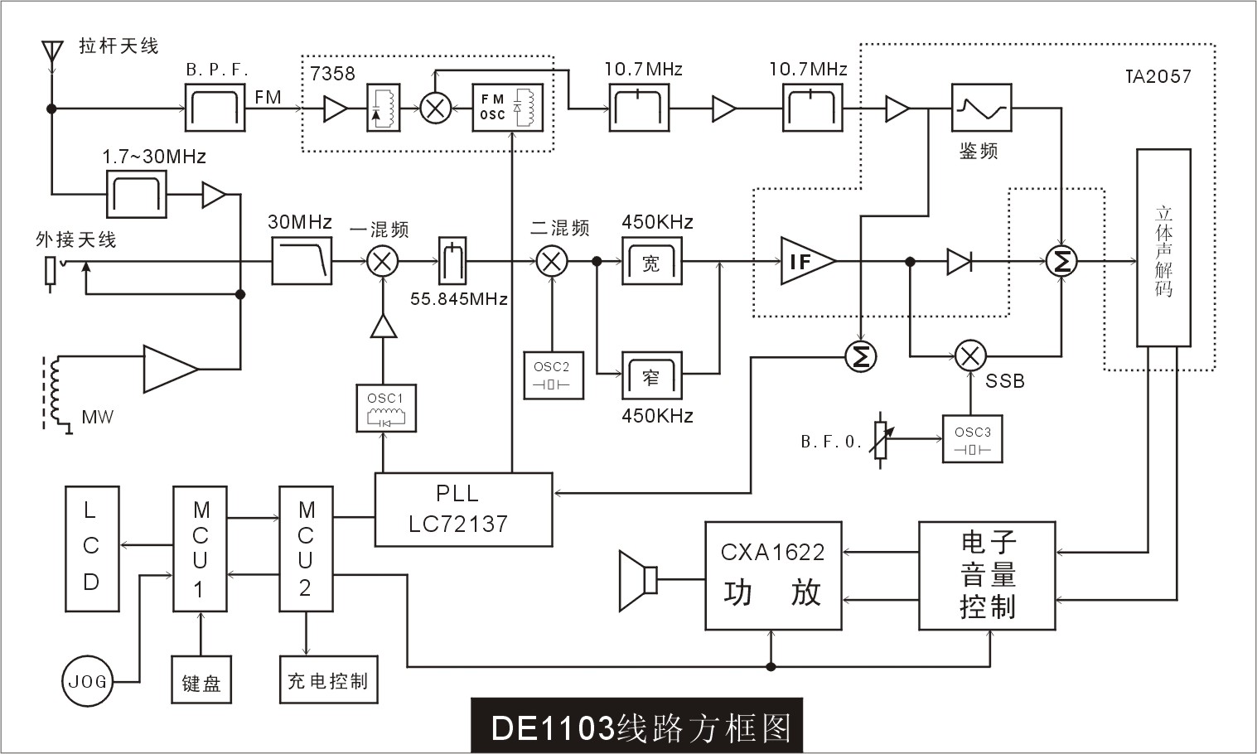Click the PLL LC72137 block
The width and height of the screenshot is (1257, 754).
coord(463,509)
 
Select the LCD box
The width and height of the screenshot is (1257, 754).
coord(91,549)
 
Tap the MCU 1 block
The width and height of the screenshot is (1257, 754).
coord(200,549)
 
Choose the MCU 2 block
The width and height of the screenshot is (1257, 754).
coord(306,549)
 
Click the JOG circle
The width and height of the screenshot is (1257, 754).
coord(87,681)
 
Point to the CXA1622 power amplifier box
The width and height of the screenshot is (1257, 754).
coord(772,576)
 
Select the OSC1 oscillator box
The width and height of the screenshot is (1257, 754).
coord(385,408)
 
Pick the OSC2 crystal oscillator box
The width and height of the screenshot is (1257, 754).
coord(553,375)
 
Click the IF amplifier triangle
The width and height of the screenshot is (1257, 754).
coord(805,262)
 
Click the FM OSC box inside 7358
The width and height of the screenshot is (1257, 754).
coord(507,108)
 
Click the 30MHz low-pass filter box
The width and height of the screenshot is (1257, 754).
coord(302,262)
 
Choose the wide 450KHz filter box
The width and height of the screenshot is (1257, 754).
coord(651,262)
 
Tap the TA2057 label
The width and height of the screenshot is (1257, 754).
coord(1158,76)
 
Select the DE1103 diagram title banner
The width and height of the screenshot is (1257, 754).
coord(636,727)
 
